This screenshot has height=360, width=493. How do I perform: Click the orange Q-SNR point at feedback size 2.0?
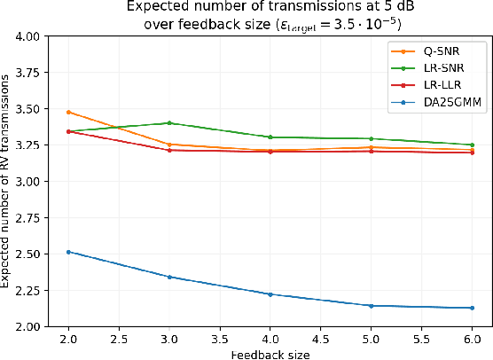click(x=68, y=113)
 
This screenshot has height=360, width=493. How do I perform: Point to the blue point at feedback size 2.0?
click(x=68, y=252)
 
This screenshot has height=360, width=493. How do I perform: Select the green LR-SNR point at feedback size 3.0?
click(x=169, y=123)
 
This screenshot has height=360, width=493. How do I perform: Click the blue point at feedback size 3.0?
click(x=169, y=277)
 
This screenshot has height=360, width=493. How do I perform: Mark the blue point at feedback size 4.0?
click(x=270, y=294)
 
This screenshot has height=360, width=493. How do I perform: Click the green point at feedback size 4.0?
click(x=270, y=137)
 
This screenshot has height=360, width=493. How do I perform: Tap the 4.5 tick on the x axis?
click(x=320, y=340)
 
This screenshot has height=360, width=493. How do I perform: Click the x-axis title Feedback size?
click(x=270, y=353)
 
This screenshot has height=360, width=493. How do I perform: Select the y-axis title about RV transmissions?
click(x=8, y=182)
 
